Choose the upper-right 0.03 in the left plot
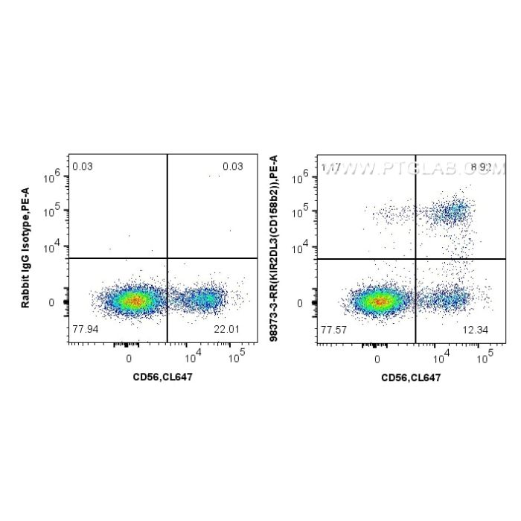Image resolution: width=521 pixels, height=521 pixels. [x=233, y=167]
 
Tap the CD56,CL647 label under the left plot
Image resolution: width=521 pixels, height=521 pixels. [x=162, y=377]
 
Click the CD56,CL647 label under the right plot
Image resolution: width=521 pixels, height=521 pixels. [x=411, y=377]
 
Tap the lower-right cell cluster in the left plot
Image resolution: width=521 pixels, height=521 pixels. [x=205, y=299]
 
